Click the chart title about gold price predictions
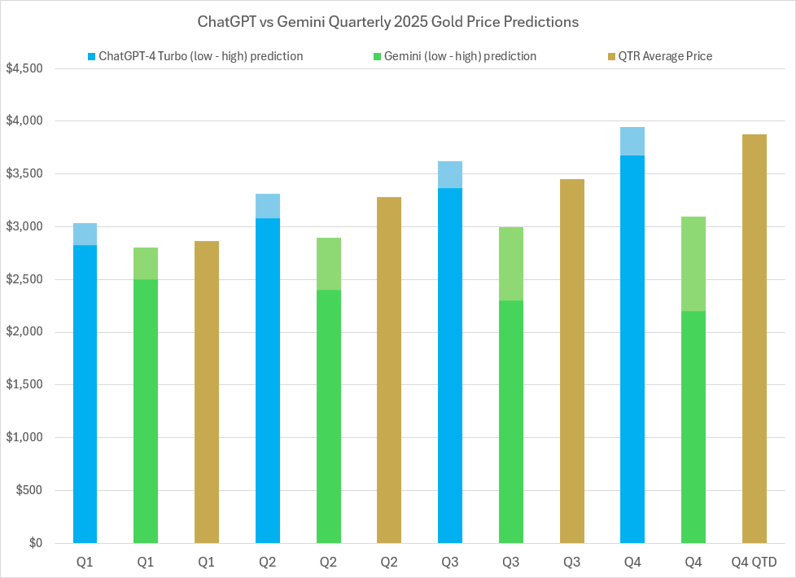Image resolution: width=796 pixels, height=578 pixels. pyautogui.click(x=388, y=23)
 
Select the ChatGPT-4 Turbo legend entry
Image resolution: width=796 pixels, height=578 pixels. pyautogui.click(x=199, y=56)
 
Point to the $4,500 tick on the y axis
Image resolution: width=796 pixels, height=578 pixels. pyautogui.click(x=30, y=68)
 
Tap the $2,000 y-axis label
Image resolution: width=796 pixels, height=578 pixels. pyautogui.click(x=30, y=332)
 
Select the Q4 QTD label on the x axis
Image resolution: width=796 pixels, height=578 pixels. pyautogui.click(x=754, y=563)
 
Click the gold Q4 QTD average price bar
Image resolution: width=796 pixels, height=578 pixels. pyautogui.click(x=754, y=342)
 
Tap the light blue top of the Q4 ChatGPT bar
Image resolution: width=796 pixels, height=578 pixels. pyautogui.click(x=632, y=142)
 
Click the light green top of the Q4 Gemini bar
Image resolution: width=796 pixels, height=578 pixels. pyautogui.click(x=693, y=264)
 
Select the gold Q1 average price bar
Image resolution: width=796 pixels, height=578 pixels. pyautogui.click(x=207, y=391)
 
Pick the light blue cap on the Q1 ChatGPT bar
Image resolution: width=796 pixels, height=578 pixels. pyautogui.click(x=85, y=234)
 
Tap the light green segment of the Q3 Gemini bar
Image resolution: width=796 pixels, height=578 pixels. pyautogui.click(x=510, y=264)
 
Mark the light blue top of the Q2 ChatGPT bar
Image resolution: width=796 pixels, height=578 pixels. pyautogui.click(x=268, y=206)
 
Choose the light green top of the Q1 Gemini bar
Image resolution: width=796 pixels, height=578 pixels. pyautogui.click(x=146, y=264)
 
